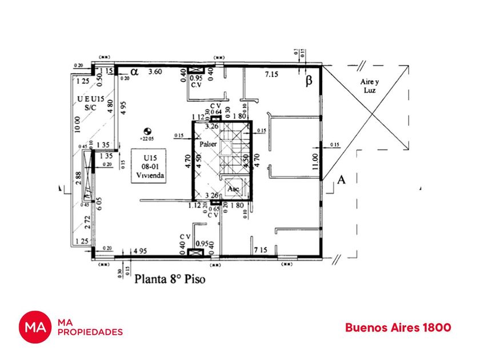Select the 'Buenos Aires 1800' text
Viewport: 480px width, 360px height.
tap(398, 327)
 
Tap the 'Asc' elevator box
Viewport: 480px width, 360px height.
tap(233, 189)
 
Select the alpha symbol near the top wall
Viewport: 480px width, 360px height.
tap(135, 72)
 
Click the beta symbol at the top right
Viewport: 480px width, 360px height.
tap(309, 81)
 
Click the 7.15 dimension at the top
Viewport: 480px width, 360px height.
tap(271, 75)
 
